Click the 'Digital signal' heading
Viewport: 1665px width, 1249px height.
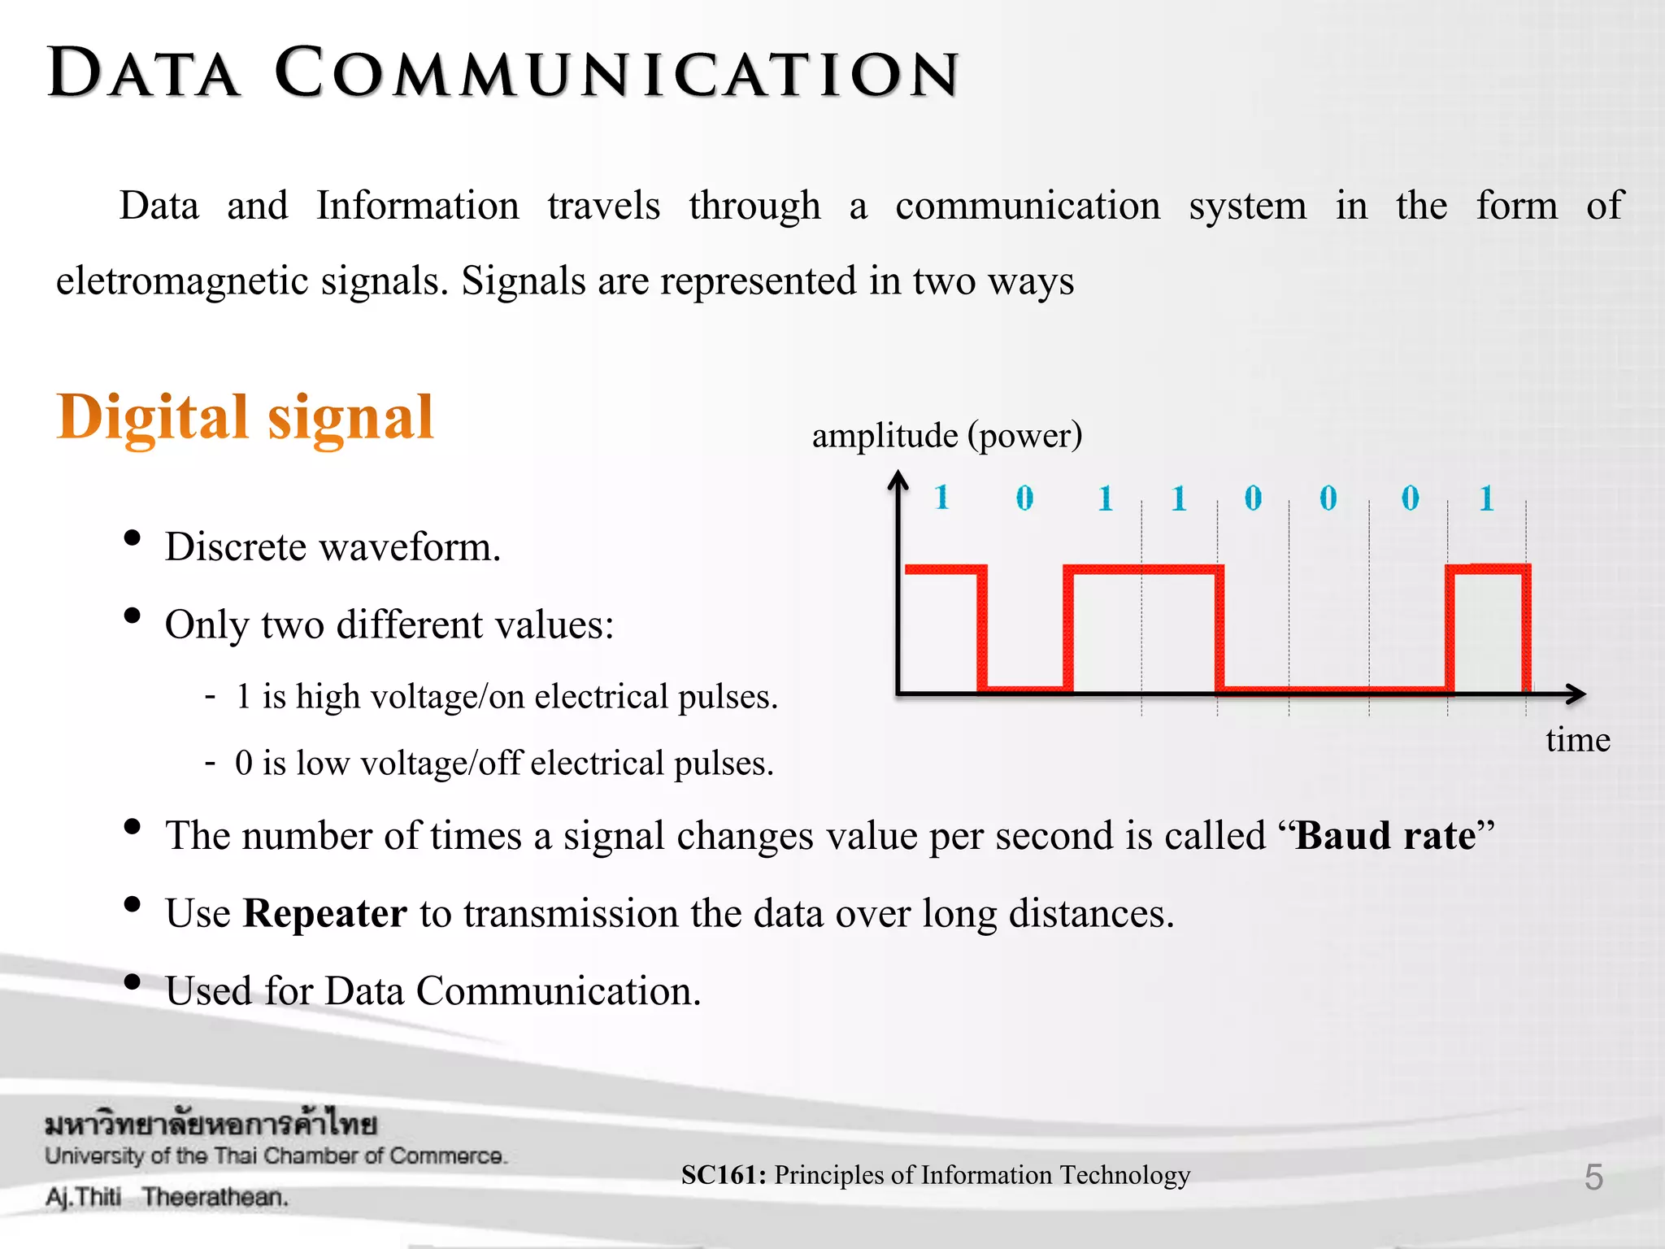tap(245, 417)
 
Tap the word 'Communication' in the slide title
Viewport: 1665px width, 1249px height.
tap(617, 74)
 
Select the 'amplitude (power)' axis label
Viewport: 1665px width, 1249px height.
tap(947, 436)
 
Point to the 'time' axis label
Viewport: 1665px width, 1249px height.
tap(1577, 740)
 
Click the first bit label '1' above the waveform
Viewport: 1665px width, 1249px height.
tap(941, 498)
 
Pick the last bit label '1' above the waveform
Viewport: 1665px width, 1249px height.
tap(1486, 498)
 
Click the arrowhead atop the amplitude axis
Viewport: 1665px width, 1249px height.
tap(898, 481)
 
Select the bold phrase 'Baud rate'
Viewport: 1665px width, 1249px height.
tap(1385, 836)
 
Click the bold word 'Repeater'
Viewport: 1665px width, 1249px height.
tap(325, 913)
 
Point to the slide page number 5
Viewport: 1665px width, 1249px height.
tap(1593, 1177)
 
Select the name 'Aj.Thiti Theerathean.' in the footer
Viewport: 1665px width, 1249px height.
tap(167, 1197)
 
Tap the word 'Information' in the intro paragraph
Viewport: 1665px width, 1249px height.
tap(417, 206)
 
